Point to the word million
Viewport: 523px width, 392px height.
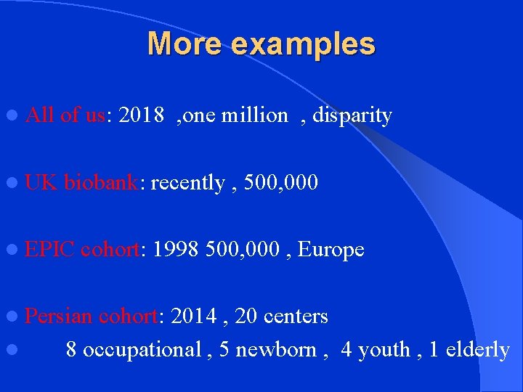click(256, 115)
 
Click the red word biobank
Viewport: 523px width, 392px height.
click(102, 182)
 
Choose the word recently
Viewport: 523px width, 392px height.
click(188, 183)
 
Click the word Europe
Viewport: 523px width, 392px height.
click(331, 250)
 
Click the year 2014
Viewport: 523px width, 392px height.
click(191, 317)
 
